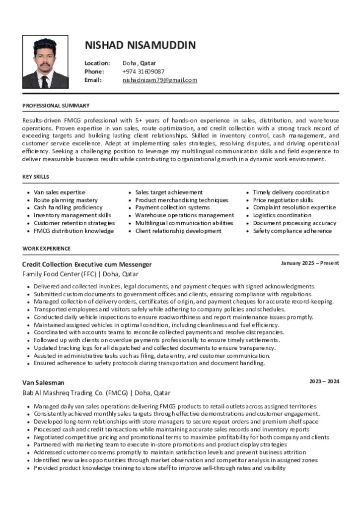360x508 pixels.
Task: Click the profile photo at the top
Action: tap(45, 62)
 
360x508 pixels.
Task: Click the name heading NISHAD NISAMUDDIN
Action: tap(140, 45)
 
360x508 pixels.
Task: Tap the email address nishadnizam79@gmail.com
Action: tap(160, 80)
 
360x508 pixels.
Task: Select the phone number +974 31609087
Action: tap(144, 71)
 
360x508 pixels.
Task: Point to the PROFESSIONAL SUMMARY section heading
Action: tap(56, 106)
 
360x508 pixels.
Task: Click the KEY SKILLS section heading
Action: tap(36, 177)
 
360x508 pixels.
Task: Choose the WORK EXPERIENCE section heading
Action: tap(47, 249)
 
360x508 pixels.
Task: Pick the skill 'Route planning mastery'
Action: tap(66, 200)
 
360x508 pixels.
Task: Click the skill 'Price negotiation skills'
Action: tap(283, 200)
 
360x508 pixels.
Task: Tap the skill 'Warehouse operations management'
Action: tap(184, 215)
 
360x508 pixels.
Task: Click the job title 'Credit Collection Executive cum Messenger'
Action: tap(87, 264)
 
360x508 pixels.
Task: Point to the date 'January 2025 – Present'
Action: tap(310, 263)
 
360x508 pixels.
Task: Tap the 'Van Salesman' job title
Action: tap(43, 382)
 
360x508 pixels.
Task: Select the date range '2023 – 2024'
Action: tap(324, 381)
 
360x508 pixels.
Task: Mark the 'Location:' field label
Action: tap(97, 63)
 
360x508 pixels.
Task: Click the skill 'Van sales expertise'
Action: tap(60, 192)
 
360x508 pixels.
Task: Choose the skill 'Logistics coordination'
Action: tap(282, 215)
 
